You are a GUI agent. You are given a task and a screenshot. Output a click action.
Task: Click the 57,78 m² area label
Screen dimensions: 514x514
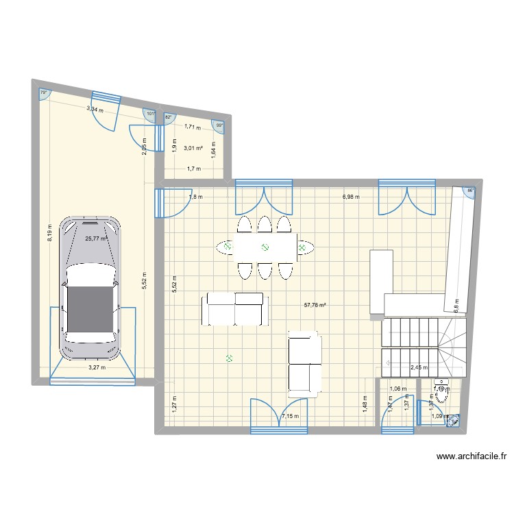(315, 306)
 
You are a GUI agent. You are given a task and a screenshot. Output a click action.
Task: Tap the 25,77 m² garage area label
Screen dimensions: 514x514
(96, 239)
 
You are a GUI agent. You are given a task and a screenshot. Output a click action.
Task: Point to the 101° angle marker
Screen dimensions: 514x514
(151, 114)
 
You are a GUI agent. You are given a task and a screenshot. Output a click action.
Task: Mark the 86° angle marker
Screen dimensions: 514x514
(470, 192)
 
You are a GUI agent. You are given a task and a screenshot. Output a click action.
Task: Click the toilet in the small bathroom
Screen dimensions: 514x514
(441, 391)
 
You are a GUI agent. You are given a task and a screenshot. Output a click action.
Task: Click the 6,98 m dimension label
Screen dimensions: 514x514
(352, 197)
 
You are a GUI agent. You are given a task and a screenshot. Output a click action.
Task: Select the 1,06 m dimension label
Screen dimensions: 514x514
(397, 389)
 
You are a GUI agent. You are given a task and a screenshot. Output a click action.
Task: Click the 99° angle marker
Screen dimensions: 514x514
(219, 125)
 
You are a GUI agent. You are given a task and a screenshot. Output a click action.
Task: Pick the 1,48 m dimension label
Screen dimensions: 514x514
(365, 406)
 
